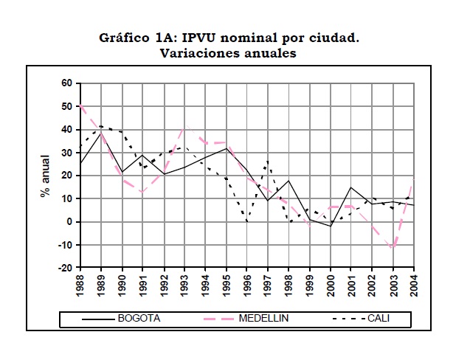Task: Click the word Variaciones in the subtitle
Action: pos(194,53)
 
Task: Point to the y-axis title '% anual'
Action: pos(46,176)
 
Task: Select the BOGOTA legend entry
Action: pos(137,319)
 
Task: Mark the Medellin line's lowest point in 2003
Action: pos(393,247)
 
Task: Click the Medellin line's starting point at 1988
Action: pos(80,106)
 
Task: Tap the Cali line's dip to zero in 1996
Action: pos(247,221)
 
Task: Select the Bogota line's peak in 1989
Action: pos(101,133)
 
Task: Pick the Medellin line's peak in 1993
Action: pos(184,127)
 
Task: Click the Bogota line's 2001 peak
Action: pos(351,187)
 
